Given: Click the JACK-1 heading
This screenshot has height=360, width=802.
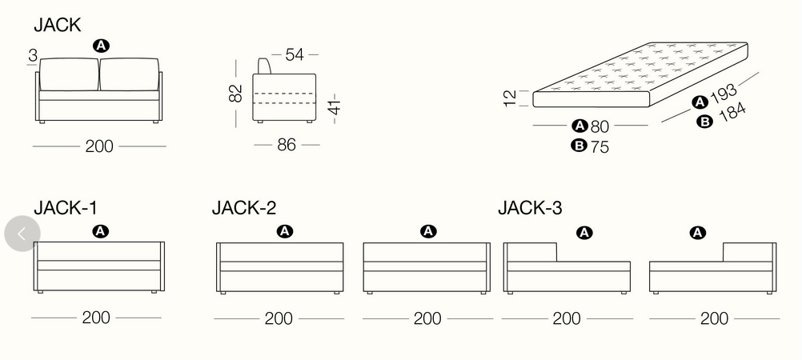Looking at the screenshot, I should click(65, 208).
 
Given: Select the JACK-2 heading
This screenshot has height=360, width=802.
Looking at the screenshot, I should click(244, 208).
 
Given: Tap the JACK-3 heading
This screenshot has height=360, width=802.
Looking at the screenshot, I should click(530, 208).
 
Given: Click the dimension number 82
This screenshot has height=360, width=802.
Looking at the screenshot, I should click(235, 94).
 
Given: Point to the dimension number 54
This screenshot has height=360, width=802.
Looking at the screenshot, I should click(295, 54).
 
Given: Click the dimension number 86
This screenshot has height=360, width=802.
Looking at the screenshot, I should click(287, 146).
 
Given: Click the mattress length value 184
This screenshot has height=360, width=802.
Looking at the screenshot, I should click(732, 113).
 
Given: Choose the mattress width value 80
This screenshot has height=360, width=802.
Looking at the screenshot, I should click(600, 126).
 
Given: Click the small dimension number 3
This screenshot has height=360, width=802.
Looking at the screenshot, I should click(31, 55).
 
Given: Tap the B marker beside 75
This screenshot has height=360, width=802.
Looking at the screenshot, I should click(579, 146).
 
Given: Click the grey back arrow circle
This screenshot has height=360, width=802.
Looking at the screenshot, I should click(22, 234).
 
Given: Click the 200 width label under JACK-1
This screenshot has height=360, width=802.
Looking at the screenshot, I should click(96, 318).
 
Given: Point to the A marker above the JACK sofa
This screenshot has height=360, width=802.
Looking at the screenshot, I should click(100, 46).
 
